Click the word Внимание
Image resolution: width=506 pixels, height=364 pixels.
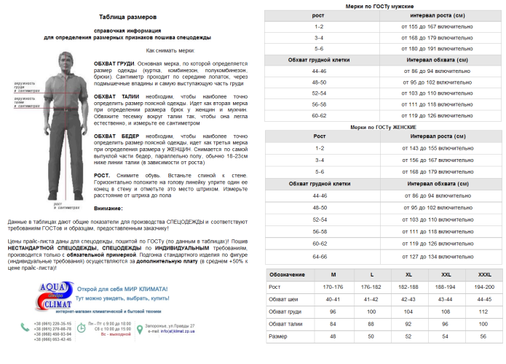[x=109, y=209]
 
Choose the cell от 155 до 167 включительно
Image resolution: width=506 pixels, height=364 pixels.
[x=438, y=26]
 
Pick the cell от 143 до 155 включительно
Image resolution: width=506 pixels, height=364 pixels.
[x=438, y=147]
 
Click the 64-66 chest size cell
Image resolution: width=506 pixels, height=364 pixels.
[x=319, y=256]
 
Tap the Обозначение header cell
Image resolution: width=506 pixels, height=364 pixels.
[x=286, y=274]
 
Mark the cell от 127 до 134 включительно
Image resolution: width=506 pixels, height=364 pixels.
[x=438, y=256]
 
